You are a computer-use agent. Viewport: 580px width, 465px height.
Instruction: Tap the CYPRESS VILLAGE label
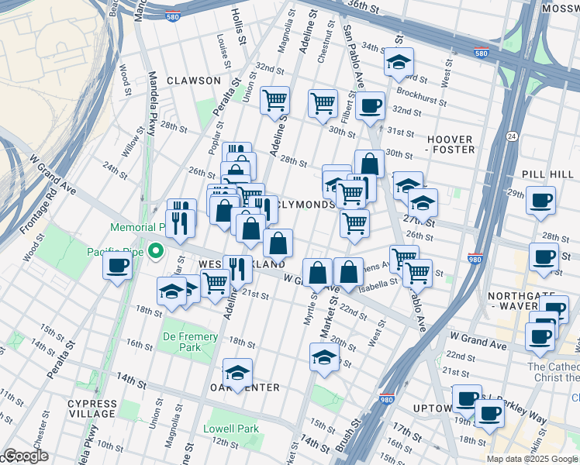tap(91, 408)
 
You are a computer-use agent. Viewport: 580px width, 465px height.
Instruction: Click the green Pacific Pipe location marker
tap(156, 250)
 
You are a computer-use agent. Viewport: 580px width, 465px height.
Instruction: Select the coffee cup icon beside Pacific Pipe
tap(118, 266)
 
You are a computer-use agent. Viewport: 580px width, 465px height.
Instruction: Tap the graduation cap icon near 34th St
tap(399, 62)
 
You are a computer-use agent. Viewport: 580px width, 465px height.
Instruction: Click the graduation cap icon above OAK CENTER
tap(238, 371)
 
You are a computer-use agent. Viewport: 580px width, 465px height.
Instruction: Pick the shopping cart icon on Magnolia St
tap(274, 100)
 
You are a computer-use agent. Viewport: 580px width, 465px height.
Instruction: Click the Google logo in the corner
tap(25, 456)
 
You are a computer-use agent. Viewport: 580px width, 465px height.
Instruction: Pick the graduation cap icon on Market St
tap(324, 357)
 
